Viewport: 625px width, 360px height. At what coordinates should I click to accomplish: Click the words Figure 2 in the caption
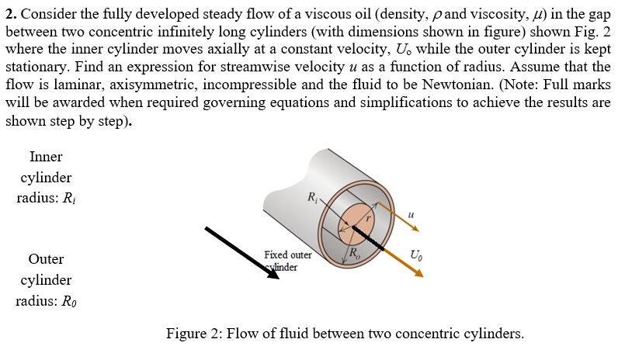pos(194,334)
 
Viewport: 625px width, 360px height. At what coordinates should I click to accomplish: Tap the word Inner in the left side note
pos(46,157)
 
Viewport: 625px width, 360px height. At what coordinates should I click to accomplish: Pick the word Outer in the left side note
pos(46,259)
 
